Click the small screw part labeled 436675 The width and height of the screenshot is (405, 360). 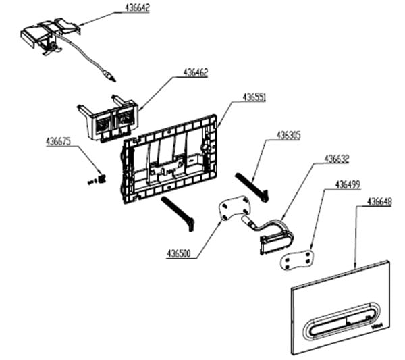coord(98,178)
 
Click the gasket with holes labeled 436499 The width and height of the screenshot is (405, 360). coord(297,257)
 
